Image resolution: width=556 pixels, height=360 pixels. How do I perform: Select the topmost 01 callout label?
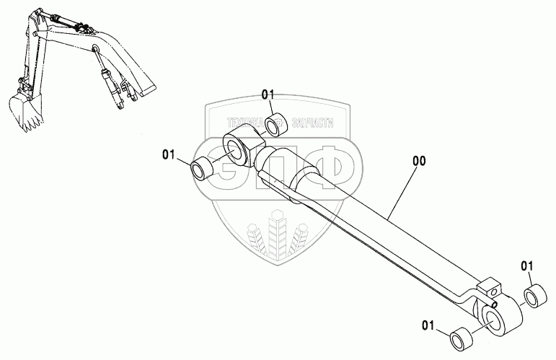click(x=269, y=95)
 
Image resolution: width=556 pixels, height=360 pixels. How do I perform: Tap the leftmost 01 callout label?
click(x=169, y=154)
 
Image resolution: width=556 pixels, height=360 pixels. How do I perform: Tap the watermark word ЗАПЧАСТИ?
click(x=313, y=123)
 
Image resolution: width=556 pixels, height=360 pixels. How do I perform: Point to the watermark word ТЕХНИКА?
click(x=242, y=123)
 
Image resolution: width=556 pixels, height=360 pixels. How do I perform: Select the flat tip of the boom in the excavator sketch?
click(x=147, y=91)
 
